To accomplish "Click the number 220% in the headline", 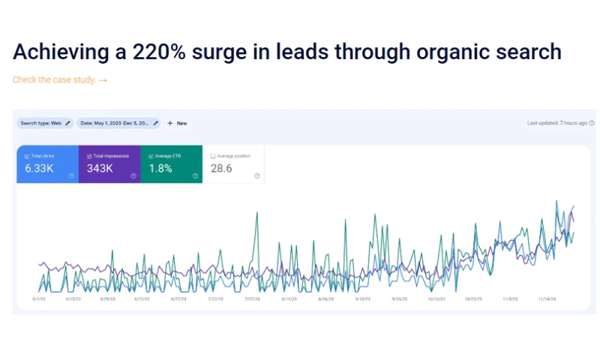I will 160,52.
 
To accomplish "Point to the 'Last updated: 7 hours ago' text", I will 557,123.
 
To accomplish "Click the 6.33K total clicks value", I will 39,169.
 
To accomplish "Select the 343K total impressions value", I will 100,169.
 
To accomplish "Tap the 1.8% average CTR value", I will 160,169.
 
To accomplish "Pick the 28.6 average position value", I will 222,169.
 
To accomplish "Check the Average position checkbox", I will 213,156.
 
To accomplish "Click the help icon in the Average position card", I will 257,175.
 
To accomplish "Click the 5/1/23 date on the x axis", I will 39,298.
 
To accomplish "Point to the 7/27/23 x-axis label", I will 252,298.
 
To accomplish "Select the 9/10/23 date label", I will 361,298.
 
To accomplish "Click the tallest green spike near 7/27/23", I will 257,213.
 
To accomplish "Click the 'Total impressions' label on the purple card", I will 110,156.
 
